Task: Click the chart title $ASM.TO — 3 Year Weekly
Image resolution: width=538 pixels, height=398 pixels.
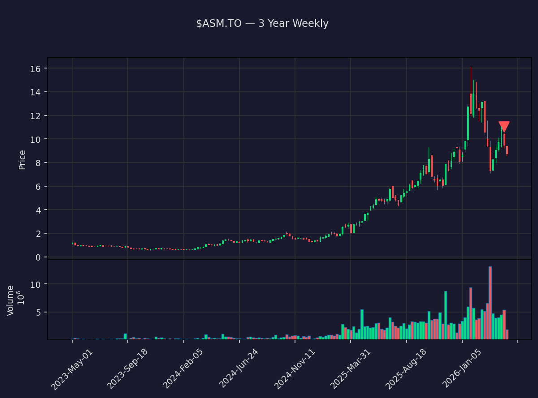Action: tap(262, 24)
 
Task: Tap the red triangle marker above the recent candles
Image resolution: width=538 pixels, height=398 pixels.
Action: tap(504, 127)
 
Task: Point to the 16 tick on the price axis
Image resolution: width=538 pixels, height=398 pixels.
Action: tap(36, 68)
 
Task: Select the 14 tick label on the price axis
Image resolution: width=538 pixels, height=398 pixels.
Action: tap(36, 92)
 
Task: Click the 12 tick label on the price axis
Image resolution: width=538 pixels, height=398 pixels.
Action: tap(36, 116)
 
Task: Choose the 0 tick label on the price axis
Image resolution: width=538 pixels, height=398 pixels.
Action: tap(38, 257)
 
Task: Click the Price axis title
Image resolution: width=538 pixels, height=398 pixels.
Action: tap(22, 160)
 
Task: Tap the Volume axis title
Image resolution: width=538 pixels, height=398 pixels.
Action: tap(11, 300)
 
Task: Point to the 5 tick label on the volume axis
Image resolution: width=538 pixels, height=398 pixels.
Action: tap(38, 312)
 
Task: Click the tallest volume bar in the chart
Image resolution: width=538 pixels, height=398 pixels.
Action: tap(490, 303)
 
